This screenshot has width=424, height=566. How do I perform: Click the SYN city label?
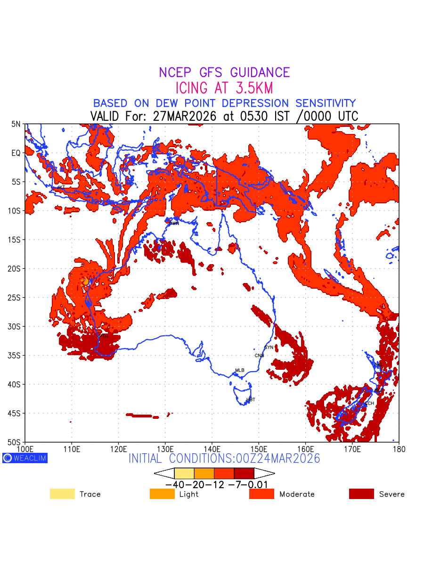point(269,348)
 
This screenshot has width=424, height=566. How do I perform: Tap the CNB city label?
point(259,356)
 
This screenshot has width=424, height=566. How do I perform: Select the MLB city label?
point(240,370)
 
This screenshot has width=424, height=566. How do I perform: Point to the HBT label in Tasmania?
point(251,400)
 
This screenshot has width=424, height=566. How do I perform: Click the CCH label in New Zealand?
point(369,403)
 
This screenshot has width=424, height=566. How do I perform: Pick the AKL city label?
point(377,365)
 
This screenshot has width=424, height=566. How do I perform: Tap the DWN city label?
point(174,224)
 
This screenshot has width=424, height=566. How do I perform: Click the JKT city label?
point(61,188)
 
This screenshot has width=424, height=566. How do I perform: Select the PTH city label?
point(103,336)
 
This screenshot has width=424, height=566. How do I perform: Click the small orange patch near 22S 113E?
point(85,281)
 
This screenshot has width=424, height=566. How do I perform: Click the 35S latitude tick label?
point(15,356)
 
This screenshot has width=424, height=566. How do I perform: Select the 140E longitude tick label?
point(212,448)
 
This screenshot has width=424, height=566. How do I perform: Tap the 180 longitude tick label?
point(399,448)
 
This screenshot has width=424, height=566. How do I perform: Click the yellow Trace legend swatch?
point(62,494)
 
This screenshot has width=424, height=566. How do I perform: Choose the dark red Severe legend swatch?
point(361,494)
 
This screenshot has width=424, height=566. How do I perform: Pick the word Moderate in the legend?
point(297,494)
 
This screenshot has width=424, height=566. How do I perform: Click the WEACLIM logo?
point(25,458)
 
